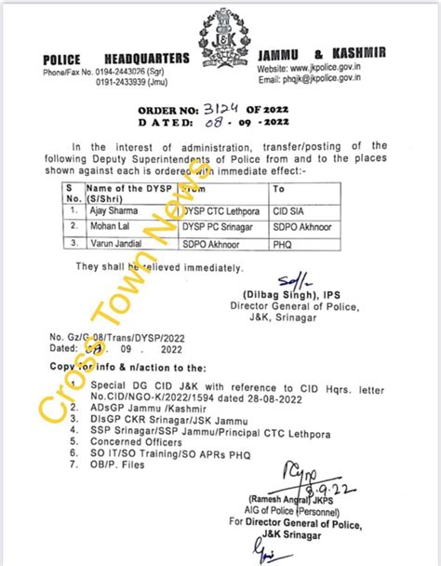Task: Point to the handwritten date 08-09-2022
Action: point(216,121)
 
